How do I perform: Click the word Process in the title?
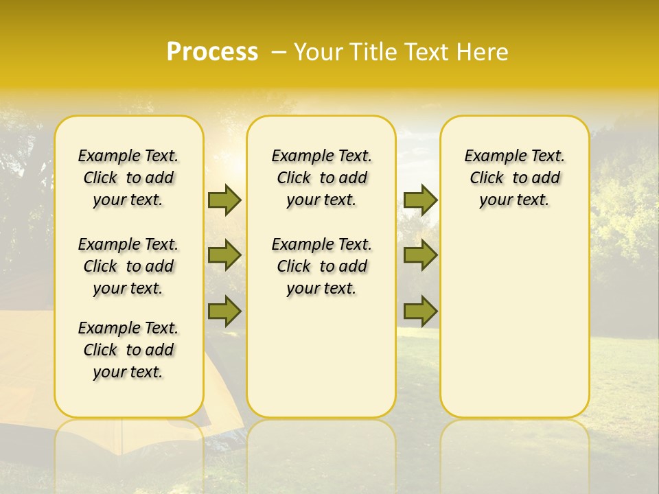pos(212,52)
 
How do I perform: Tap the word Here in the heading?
pos(483,52)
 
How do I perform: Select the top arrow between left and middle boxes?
pos(224,200)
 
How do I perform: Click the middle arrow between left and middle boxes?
pos(224,255)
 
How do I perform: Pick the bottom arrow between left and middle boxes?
pos(224,311)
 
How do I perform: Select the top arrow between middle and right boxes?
pos(420,200)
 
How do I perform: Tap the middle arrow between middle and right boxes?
pos(420,255)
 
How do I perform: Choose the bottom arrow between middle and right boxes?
pos(420,311)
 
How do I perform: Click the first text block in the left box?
pos(128,178)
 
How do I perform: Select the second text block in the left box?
pos(128,266)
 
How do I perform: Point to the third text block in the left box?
pos(128,350)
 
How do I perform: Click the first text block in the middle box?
pos(321,178)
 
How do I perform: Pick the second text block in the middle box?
pos(321,266)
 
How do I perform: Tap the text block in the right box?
pos(514,178)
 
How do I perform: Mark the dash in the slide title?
pos(279,52)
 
